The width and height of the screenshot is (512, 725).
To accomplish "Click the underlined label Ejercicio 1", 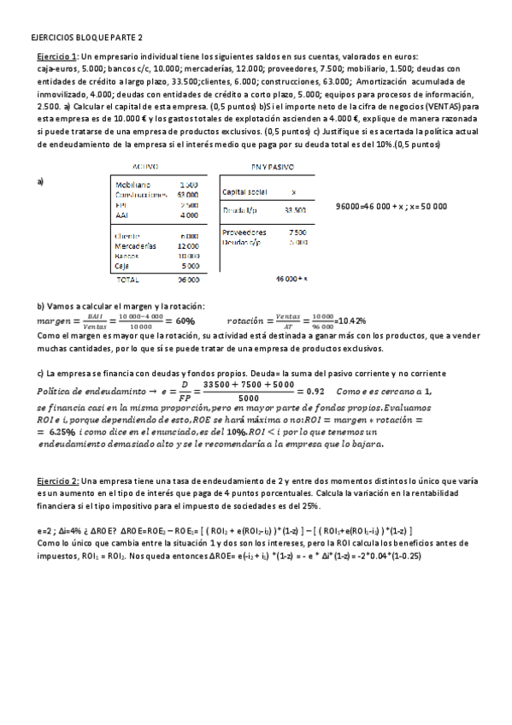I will pyautogui.click(x=50, y=56).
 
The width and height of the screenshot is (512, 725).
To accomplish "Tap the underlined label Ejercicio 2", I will pyautogui.click(x=50, y=480).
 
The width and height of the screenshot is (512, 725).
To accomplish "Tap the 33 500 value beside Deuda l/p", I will pyautogui.click(x=295, y=209).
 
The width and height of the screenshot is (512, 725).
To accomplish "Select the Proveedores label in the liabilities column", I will pyautogui.click(x=244, y=232).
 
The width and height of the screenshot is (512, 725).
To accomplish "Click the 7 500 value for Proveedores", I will pyautogui.click(x=297, y=232).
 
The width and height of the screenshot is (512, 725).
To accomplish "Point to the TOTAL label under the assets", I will pyautogui.click(x=128, y=279).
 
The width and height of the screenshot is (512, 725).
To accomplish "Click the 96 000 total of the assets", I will pyautogui.click(x=188, y=279).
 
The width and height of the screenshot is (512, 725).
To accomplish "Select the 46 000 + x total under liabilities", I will pyautogui.click(x=291, y=279).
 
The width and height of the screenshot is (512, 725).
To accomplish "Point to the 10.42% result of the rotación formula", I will pyautogui.click(x=351, y=321).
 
